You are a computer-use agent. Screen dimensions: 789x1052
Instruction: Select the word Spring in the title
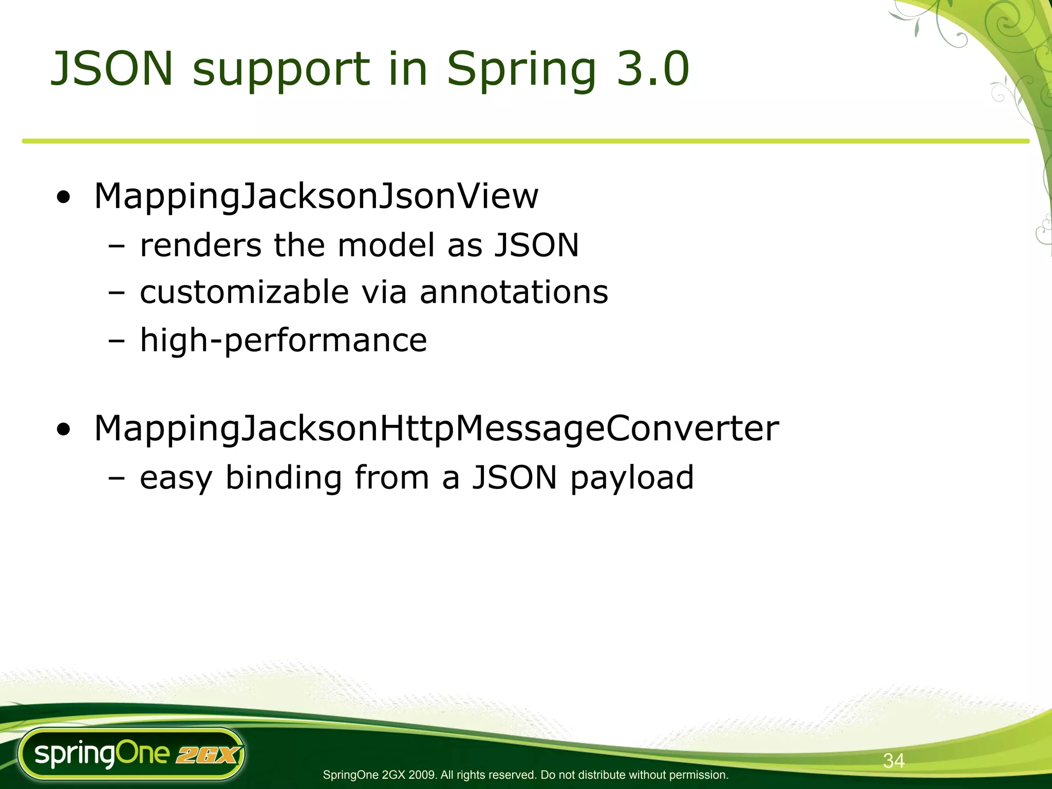pos(521,69)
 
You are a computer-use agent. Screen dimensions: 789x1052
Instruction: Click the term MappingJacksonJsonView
pos(316,196)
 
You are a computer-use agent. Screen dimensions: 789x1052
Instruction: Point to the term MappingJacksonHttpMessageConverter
pos(436,428)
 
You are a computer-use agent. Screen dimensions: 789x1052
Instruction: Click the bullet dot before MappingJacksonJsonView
pos(64,198)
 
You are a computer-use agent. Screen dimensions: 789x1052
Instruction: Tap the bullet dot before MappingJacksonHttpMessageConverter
pos(64,430)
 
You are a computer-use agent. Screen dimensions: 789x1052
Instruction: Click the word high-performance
pos(283,340)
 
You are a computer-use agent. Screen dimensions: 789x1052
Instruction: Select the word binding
pos(284,478)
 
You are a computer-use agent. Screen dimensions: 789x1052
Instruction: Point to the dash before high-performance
pos(117,341)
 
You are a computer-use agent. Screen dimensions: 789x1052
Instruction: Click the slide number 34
pos(893,761)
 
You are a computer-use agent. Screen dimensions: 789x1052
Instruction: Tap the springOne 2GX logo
pos(131,754)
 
